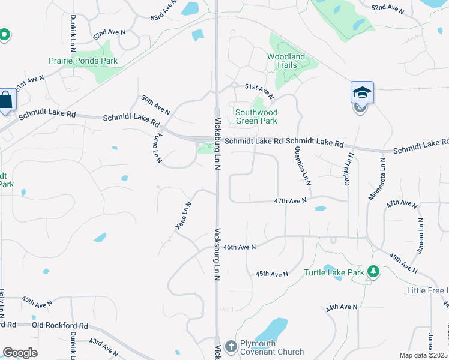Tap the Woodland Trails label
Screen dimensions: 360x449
coord(286,61)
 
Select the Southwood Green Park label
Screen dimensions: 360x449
coord(256,116)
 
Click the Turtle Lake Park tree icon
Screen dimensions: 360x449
coord(373,272)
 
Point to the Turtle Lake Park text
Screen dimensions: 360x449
coord(334,272)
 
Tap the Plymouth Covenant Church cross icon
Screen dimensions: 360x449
coord(230,346)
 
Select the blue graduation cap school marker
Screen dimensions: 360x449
coord(362,92)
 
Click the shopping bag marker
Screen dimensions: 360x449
coord(6,100)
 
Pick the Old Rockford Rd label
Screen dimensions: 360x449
coord(59,326)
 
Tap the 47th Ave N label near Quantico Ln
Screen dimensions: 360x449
coord(290,200)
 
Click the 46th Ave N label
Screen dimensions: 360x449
coord(239,247)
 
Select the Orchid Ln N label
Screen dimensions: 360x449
coord(347,169)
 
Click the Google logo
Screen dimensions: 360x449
coord(20,353)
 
